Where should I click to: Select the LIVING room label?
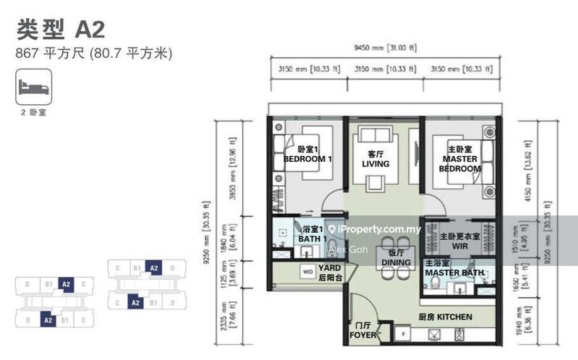pos(375,159)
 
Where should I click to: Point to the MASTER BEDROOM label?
pos(460,159)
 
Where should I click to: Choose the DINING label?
pos(395,258)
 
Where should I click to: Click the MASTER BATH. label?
pos(454,269)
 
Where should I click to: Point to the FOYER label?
pos(362,330)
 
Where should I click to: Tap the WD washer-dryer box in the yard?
pos(306,273)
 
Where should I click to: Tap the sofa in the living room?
pos(375,135)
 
